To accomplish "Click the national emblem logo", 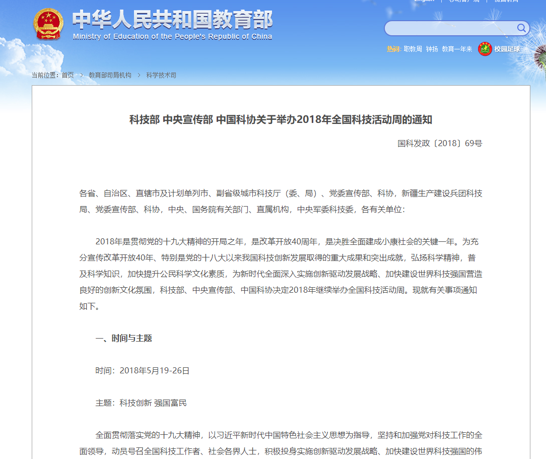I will [48, 24].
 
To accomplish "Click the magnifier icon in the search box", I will [521, 28].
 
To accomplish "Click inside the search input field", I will [448, 28].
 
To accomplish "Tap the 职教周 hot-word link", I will [413, 49].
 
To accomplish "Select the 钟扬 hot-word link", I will [432, 49].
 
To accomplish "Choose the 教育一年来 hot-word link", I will [457, 49].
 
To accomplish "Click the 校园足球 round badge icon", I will [485, 49].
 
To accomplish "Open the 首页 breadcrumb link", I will [67, 75].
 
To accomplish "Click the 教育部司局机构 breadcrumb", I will [110, 75].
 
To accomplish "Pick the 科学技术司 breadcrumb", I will [161, 75].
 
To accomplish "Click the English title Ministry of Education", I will [172, 37].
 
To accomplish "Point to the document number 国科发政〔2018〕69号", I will [440, 144].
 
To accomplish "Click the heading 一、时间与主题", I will [124, 339].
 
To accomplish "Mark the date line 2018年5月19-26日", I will [155, 371].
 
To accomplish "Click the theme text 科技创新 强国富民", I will [153, 403].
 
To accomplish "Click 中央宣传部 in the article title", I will [188, 120].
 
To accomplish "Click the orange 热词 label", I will [393, 49].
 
